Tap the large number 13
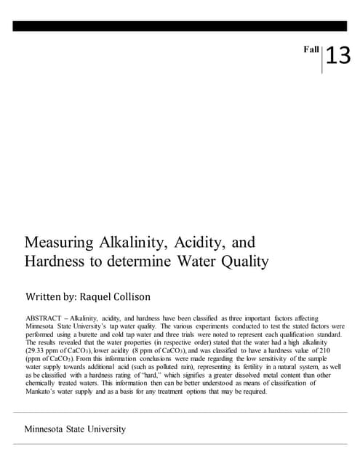coord(338,56)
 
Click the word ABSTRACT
coord(43,318)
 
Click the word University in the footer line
coord(101,429)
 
